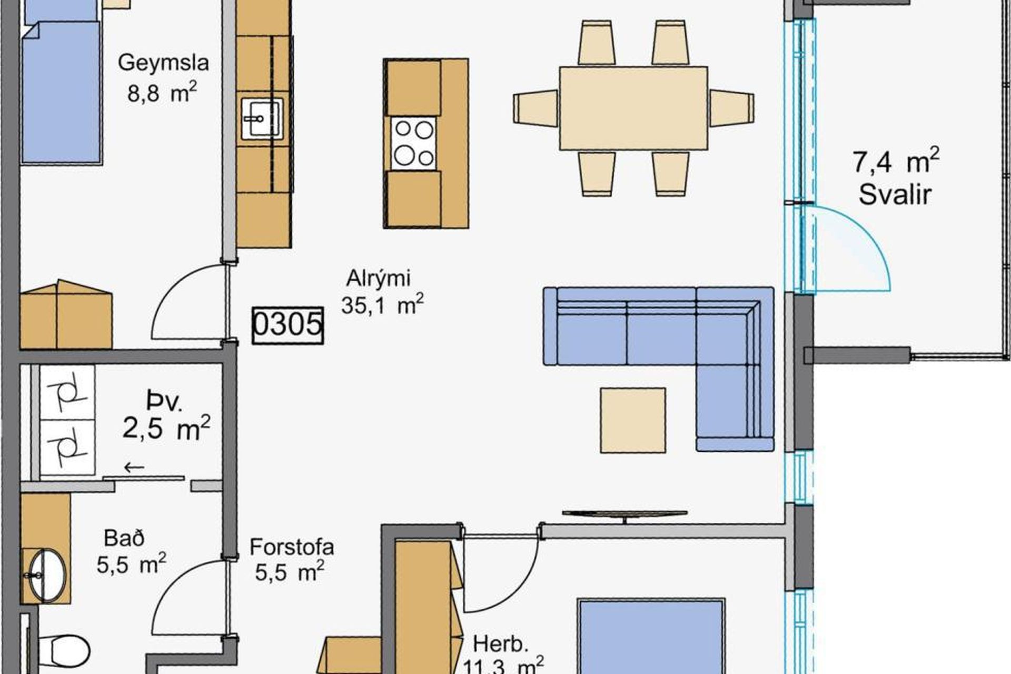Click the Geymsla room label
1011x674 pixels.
pos(163,63)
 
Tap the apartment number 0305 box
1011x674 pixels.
pos(288,325)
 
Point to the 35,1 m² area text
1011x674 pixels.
pos(382,305)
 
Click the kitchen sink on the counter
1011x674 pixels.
pos(262,118)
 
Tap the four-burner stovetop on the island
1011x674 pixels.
pos(414,143)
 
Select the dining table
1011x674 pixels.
pos(633,108)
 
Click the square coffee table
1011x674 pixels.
pos(633,420)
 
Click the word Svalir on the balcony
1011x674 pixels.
pos(895,195)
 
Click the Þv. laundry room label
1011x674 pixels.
pos(165,402)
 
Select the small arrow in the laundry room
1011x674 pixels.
pos(134,467)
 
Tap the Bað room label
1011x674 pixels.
pos(124,538)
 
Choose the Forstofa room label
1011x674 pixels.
pos(292,547)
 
